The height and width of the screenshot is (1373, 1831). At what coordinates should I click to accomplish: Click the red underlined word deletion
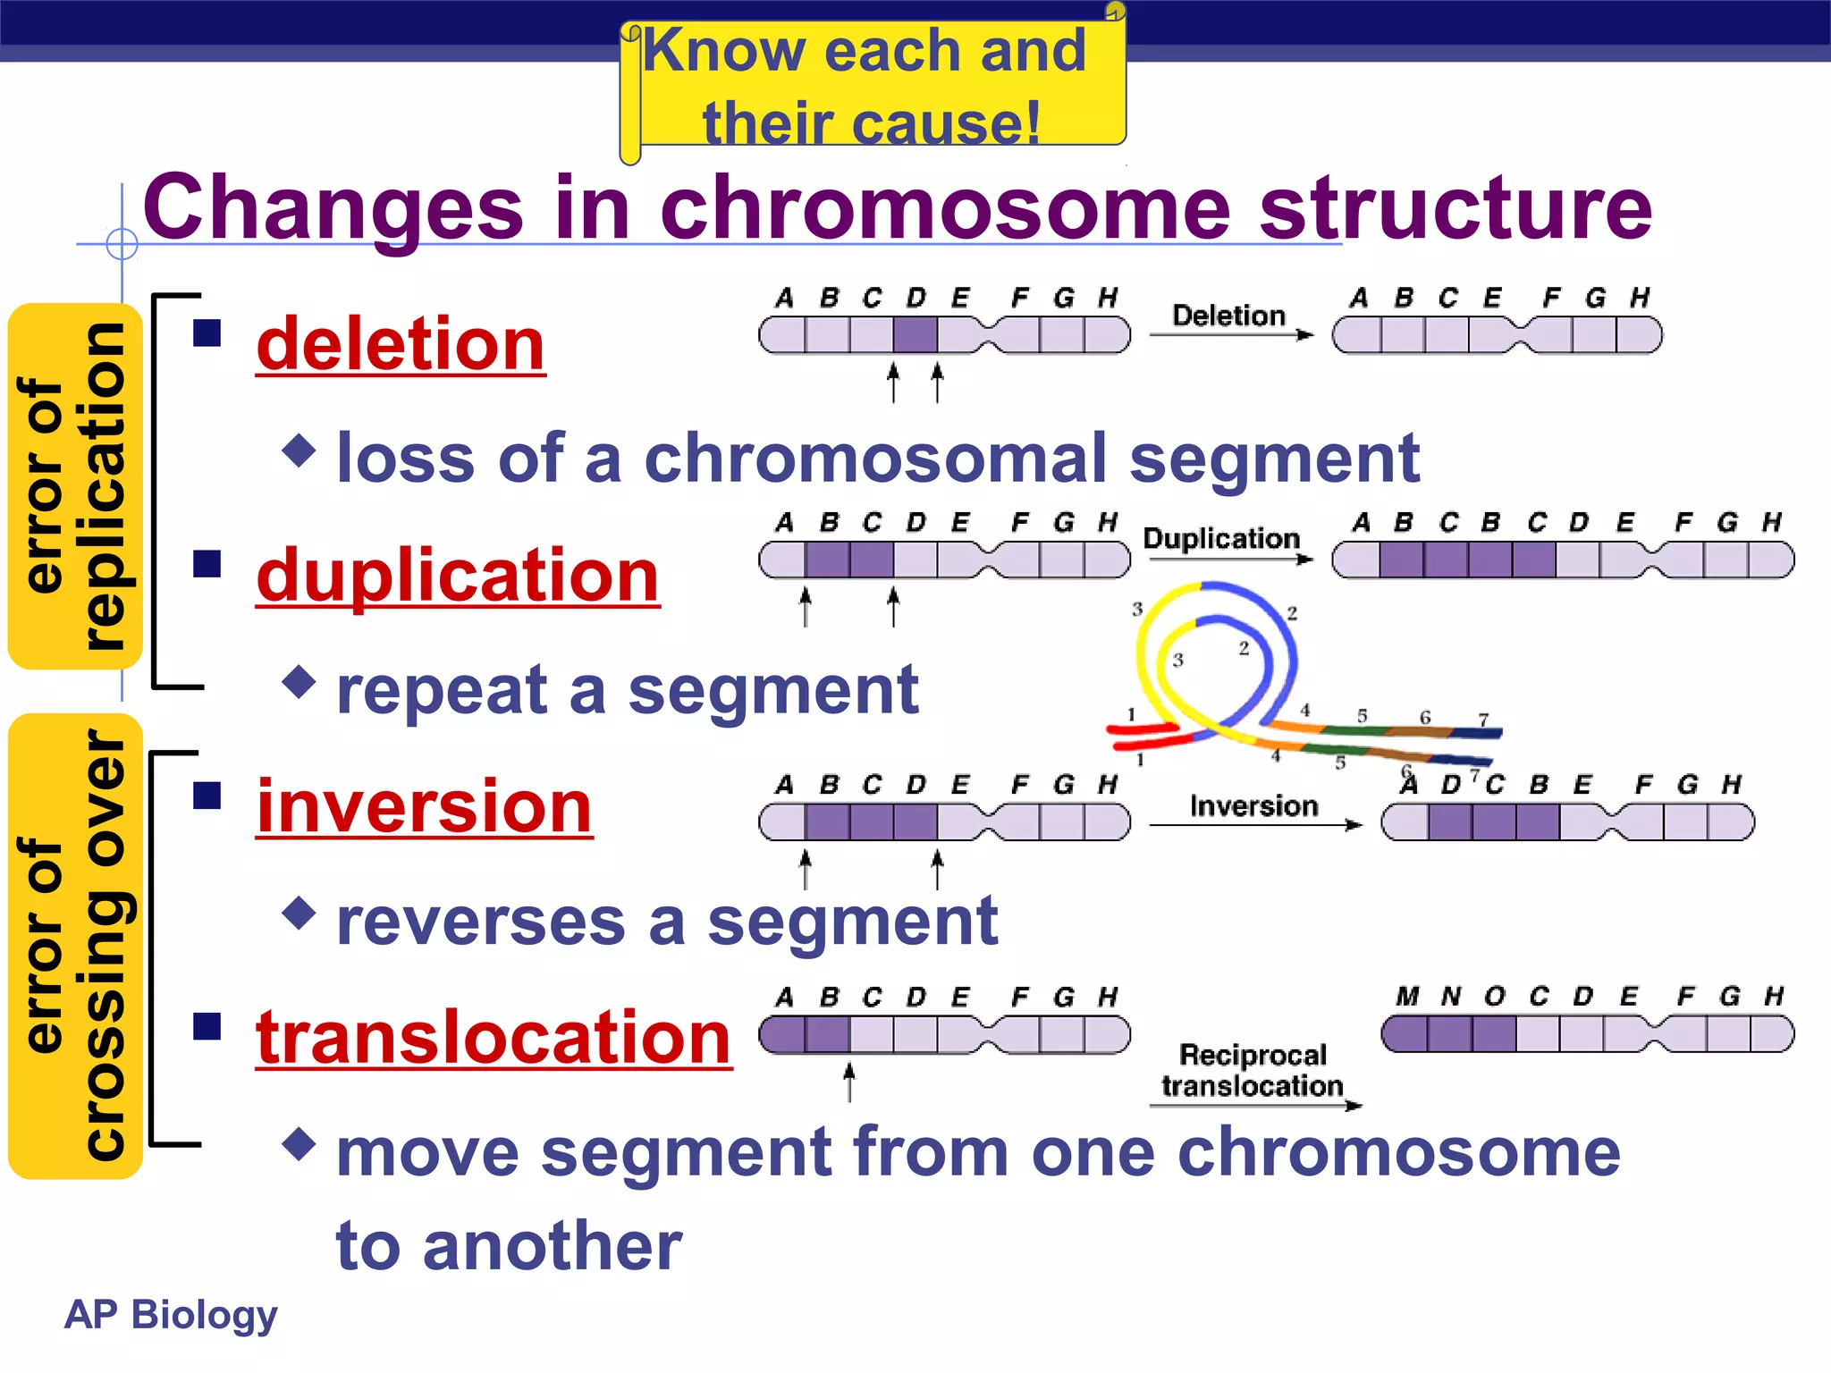pyautogui.click(x=401, y=345)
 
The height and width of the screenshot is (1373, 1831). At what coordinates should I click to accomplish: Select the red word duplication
pyautogui.click(x=458, y=576)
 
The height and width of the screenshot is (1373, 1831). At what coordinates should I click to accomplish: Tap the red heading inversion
pyautogui.click(x=424, y=806)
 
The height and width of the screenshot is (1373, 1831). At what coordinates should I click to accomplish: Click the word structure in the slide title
pyautogui.click(x=1456, y=207)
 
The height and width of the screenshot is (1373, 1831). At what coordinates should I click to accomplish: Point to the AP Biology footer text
pyautogui.click(x=171, y=1314)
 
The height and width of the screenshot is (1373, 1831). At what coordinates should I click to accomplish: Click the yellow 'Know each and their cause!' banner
pyautogui.click(x=872, y=87)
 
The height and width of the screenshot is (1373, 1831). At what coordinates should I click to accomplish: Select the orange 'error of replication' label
pyautogui.click(x=75, y=486)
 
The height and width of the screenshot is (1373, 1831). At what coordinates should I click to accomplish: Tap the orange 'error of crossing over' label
pyautogui.click(x=75, y=946)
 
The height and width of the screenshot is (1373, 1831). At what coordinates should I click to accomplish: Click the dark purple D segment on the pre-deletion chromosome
pyautogui.click(x=915, y=335)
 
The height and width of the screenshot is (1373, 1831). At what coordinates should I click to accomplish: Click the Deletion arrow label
pyautogui.click(x=1228, y=316)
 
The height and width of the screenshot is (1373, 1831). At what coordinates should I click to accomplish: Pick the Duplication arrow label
pyautogui.click(x=1221, y=538)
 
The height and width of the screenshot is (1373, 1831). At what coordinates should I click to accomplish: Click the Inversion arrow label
pyautogui.click(x=1253, y=806)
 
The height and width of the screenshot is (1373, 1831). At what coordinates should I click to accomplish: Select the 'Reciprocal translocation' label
pyautogui.click(x=1253, y=1070)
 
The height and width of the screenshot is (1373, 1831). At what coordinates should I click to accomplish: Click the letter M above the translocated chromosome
pyautogui.click(x=1407, y=997)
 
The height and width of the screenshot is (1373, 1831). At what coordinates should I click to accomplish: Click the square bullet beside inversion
pyautogui.click(x=207, y=795)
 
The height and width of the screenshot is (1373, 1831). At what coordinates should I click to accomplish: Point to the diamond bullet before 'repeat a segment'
pyautogui.click(x=299, y=682)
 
